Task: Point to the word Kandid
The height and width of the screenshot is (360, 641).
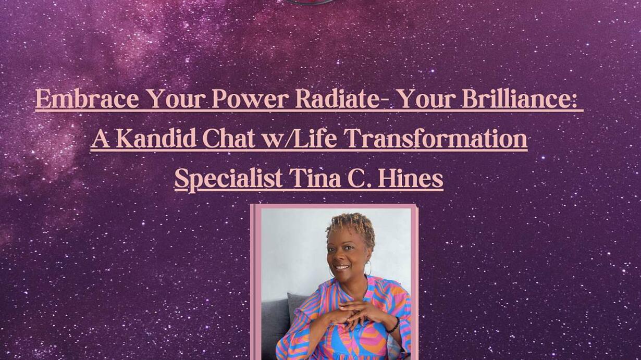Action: click(x=156, y=138)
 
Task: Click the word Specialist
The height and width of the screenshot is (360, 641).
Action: click(x=229, y=179)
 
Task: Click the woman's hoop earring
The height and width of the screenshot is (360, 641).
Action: click(x=368, y=268)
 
